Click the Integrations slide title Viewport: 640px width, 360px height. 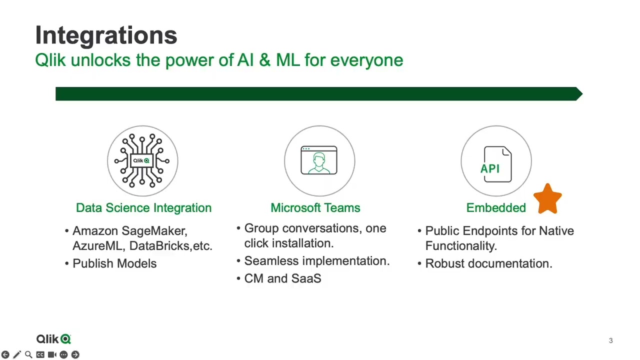[x=106, y=35]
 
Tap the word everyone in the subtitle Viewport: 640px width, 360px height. [x=366, y=60]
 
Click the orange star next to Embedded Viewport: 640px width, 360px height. [x=547, y=198]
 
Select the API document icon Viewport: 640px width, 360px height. [x=497, y=164]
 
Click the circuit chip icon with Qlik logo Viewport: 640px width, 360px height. [x=142, y=160]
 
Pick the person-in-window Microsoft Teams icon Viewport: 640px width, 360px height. [x=319, y=160]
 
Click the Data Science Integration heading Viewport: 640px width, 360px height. [x=143, y=208]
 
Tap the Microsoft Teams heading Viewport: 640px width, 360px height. [x=315, y=208]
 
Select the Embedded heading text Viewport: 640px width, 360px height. [x=495, y=208]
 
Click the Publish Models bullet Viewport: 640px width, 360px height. [x=114, y=263]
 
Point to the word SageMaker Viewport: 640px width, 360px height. [x=154, y=231]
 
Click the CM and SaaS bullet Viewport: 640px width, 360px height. [x=282, y=278]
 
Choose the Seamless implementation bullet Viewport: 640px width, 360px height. [x=316, y=261]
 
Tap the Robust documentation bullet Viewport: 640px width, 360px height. [x=488, y=263]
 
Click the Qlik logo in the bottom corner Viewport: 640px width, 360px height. [x=53, y=339]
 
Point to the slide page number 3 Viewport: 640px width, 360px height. [x=610, y=340]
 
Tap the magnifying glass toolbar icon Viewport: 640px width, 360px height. [x=28, y=354]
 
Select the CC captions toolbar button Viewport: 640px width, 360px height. [x=40, y=354]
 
